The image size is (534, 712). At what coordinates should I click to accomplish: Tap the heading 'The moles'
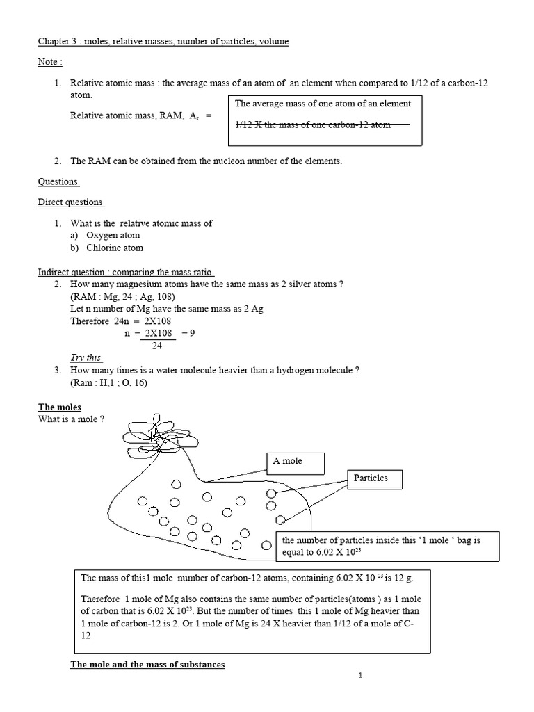pos(60,407)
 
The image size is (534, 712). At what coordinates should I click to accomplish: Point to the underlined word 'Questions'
pos(58,182)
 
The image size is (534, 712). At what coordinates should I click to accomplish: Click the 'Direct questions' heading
pos(71,202)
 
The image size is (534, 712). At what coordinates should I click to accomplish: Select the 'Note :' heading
pos(50,62)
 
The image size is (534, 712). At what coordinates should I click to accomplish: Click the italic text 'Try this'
pos(86,357)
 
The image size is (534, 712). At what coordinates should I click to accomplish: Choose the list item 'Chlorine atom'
pos(115,248)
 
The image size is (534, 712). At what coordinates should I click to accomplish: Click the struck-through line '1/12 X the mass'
pos(313,125)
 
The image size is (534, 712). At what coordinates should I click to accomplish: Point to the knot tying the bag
pos(159,442)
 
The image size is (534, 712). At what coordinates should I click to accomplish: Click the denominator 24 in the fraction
pos(156,345)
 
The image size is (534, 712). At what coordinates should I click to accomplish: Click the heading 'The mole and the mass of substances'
pos(148,665)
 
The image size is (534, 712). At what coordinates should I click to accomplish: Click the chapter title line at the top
pos(163,42)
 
